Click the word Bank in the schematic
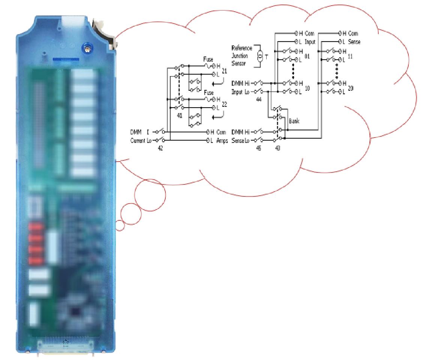pos(294,121)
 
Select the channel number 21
pos(225,70)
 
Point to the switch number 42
pos(160,148)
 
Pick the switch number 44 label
pos(259,99)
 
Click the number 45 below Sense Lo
pos(258,148)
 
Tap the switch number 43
pos(277,148)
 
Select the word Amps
pos(222,141)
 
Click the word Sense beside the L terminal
pos(354,42)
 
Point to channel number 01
pos(307,56)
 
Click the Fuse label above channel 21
pos(208,59)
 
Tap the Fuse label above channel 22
pos(208,93)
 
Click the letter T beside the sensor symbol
pos(267,57)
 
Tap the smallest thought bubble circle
pos(120,226)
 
